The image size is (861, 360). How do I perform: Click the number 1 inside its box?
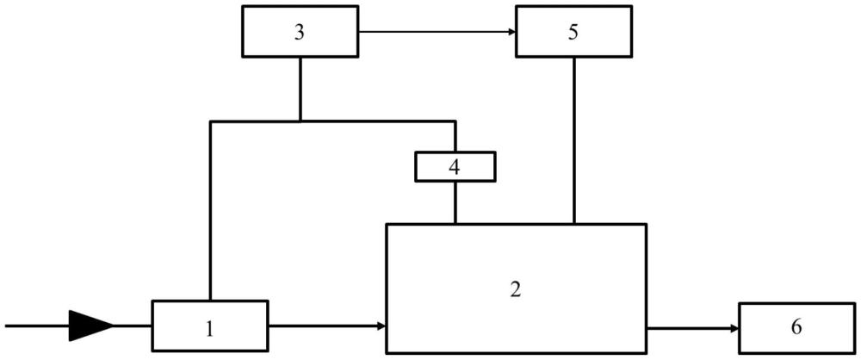(208, 329)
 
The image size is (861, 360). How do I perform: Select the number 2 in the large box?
(515, 289)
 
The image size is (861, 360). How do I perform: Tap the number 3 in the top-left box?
(300, 33)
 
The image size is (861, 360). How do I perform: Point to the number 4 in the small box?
(454, 167)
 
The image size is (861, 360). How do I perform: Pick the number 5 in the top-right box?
(573, 33)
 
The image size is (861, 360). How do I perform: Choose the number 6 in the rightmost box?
(796, 327)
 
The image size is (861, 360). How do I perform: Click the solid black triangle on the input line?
(91, 326)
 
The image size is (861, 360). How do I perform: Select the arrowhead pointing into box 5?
(512, 31)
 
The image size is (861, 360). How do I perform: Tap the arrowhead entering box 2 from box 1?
(383, 326)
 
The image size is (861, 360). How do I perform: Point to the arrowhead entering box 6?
(735, 329)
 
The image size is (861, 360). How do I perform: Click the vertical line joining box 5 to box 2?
(574, 140)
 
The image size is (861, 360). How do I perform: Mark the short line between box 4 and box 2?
(455, 202)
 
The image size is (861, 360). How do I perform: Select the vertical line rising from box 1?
(210, 210)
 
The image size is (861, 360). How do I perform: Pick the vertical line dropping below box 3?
(300, 89)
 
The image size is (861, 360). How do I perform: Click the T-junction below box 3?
(300, 121)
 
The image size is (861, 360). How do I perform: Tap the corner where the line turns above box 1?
(210, 121)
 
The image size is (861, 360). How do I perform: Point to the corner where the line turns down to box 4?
(455, 121)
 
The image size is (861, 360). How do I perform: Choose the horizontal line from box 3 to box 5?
(437, 31)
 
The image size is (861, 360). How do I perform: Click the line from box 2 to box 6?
(693, 329)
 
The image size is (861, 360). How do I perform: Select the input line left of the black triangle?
(37, 326)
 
